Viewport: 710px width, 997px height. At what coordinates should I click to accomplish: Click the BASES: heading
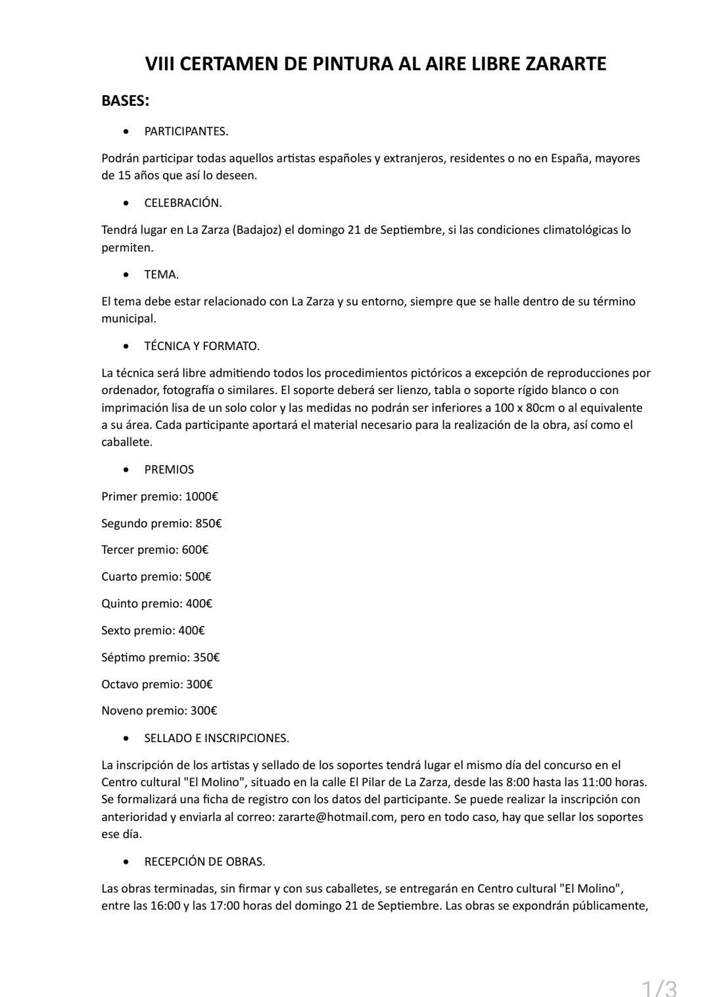click(x=126, y=100)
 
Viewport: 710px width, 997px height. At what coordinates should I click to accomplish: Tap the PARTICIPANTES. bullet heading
click(x=186, y=131)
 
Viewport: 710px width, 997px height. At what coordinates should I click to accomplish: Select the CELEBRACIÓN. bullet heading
click(x=183, y=203)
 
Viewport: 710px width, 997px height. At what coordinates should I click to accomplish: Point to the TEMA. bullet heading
click(x=161, y=275)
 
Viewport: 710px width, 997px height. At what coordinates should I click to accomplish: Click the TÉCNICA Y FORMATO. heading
click(x=202, y=346)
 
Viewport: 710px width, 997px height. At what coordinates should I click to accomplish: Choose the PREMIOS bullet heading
click(x=169, y=470)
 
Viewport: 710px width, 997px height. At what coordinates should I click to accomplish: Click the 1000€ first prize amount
click(x=201, y=497)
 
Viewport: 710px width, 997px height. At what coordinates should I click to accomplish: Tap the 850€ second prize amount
click(x=208, y=523)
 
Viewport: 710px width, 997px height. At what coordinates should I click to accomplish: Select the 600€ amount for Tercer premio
click(x=195, y=550)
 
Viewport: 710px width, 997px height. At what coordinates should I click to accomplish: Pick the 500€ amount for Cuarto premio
click(x=198, y=577)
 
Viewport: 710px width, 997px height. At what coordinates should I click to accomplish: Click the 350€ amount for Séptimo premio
click(x=206, y=657)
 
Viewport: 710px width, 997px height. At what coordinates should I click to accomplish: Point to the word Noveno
click(x=122, y=711)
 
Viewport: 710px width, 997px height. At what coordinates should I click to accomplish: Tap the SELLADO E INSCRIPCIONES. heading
click(x=216, y=738)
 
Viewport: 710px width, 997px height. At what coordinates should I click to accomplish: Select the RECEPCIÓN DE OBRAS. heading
click(x=204, y=862)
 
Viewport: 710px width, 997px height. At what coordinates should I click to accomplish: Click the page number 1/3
click(x=659, y=986)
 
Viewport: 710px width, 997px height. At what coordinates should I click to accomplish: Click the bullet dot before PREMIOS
click(x=126, y=470)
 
